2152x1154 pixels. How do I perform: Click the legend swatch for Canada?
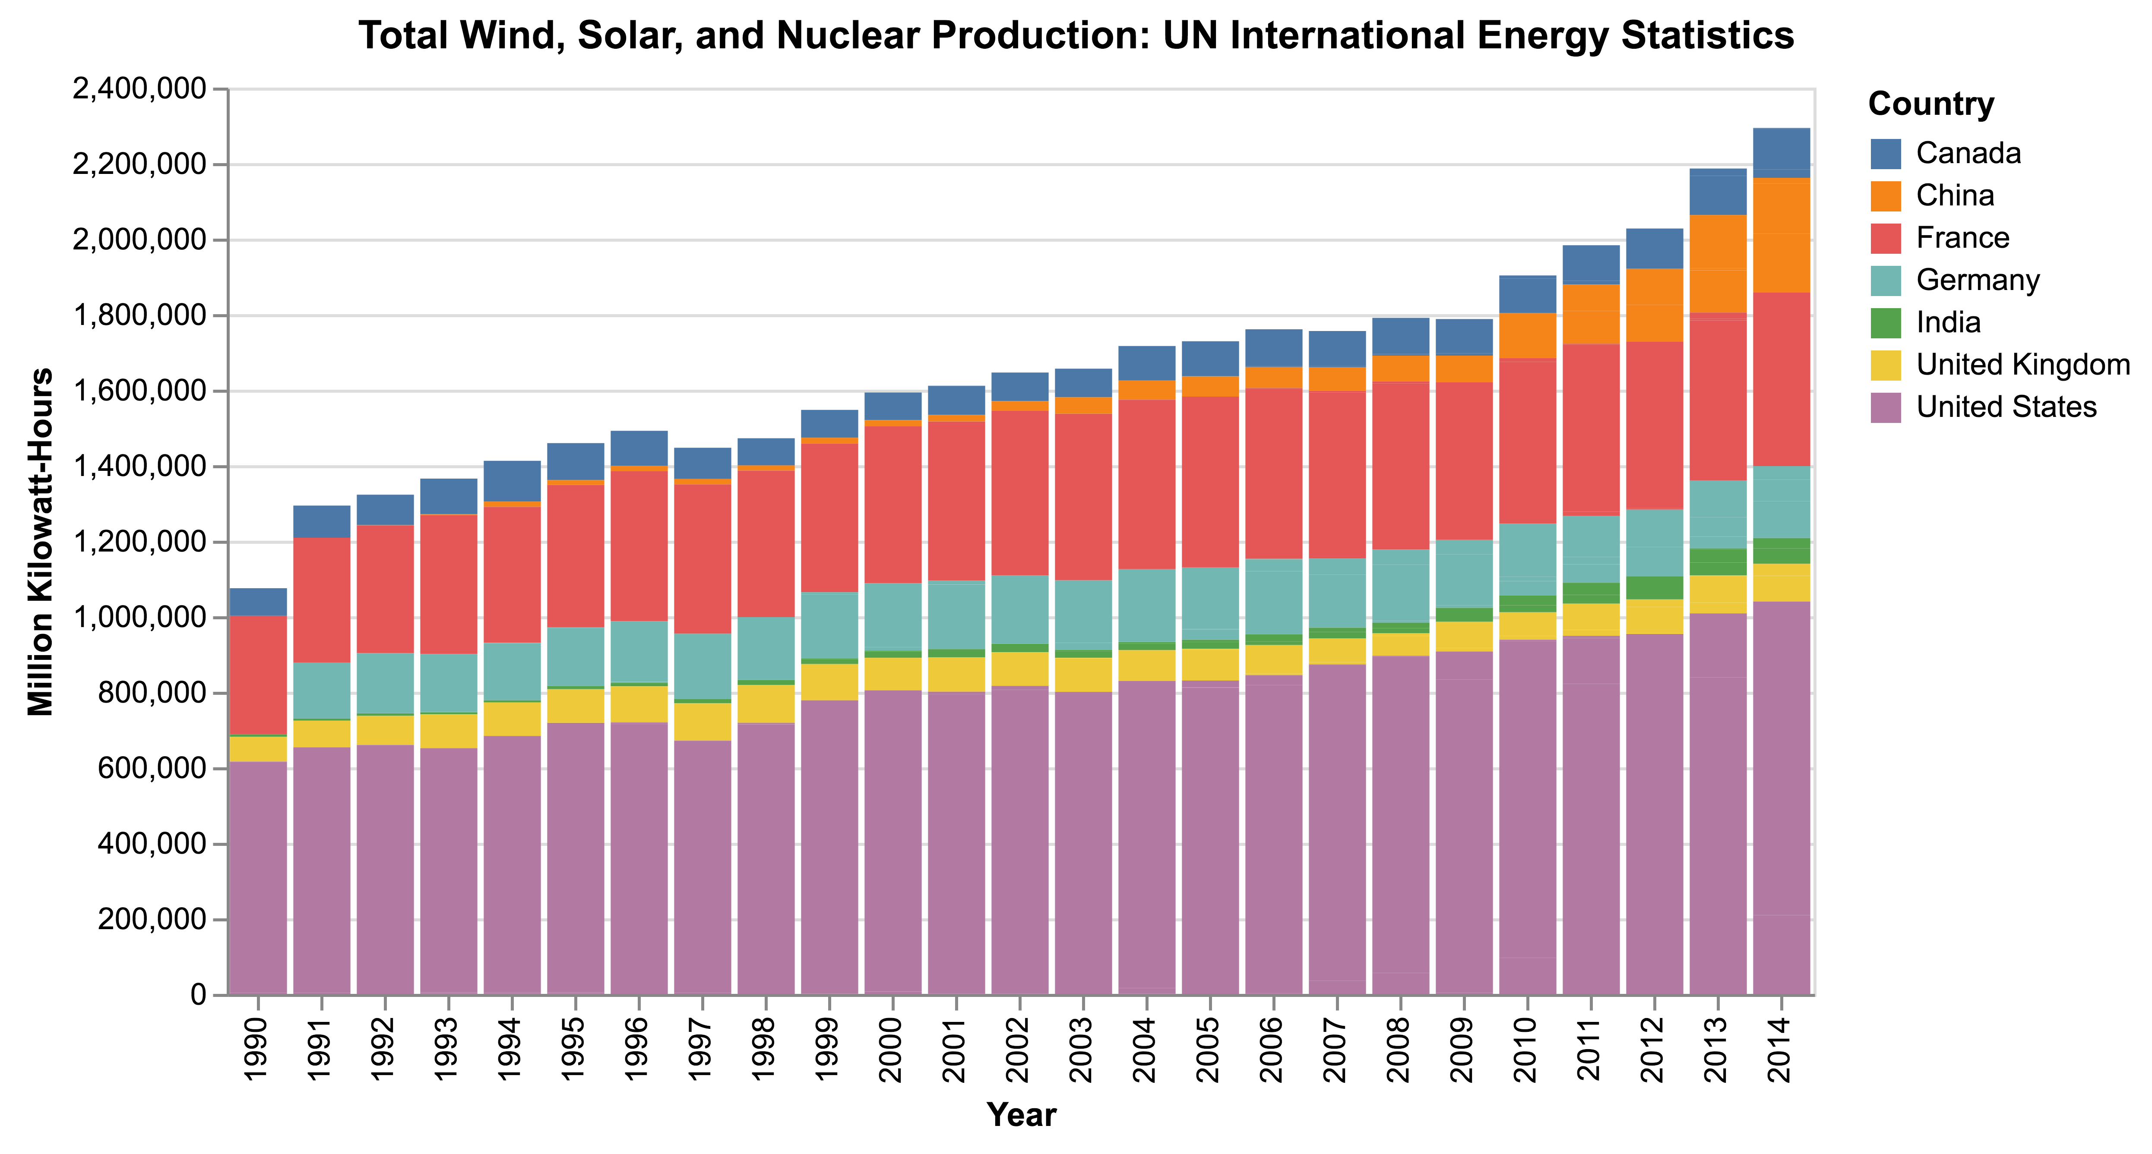pyautogui.click(x=1886, y=154)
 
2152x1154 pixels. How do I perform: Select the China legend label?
pyautogui.click(x=1955, y=195)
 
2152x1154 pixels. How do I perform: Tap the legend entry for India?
pyautogui.click(x=1948, y=322)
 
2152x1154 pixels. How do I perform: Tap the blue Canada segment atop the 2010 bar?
pyautogui.click(x=1527, y=294)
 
